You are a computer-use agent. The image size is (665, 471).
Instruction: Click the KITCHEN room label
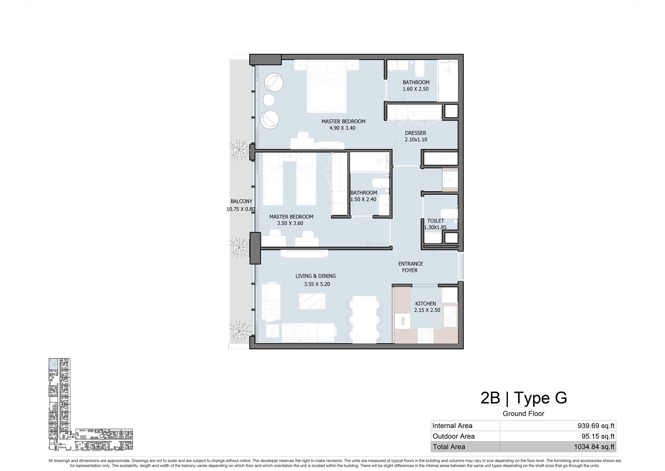(x=425, y=303)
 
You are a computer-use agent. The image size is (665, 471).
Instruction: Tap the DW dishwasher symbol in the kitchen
(x=403, y=321)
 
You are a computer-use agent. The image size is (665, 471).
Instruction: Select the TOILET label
(x=436, y=221)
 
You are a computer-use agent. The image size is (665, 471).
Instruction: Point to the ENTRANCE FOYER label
(x=410, y=267)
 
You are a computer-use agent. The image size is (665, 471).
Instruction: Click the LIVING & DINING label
(x=316, y=276)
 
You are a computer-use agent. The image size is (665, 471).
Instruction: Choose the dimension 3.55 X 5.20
(x=317, y=284)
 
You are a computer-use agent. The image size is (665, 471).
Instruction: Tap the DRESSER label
(x=416, y=133)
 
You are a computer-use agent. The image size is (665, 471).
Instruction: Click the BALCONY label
(x=241, y=202)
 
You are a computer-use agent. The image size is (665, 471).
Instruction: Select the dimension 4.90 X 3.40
(x=342, y=128)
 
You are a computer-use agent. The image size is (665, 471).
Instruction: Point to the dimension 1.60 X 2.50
(x=416, y=89)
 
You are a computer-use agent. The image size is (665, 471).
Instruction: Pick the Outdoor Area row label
(x=454, y=436)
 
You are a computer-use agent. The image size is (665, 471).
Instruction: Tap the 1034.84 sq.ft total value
(x=594, y=447)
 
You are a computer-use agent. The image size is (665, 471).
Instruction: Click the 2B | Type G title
(x=524, y=398)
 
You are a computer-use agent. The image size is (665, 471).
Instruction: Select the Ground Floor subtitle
(x=524, y=414)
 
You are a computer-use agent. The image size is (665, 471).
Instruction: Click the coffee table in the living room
(x=312, y=301)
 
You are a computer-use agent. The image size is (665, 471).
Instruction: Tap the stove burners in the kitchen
(x=426, y=336)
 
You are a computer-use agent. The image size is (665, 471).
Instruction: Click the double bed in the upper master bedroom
(x=327, y=86)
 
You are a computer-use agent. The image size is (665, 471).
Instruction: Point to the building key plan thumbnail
(x=90, y=404)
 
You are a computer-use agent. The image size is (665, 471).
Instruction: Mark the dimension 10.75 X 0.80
(x=241, y=209)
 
